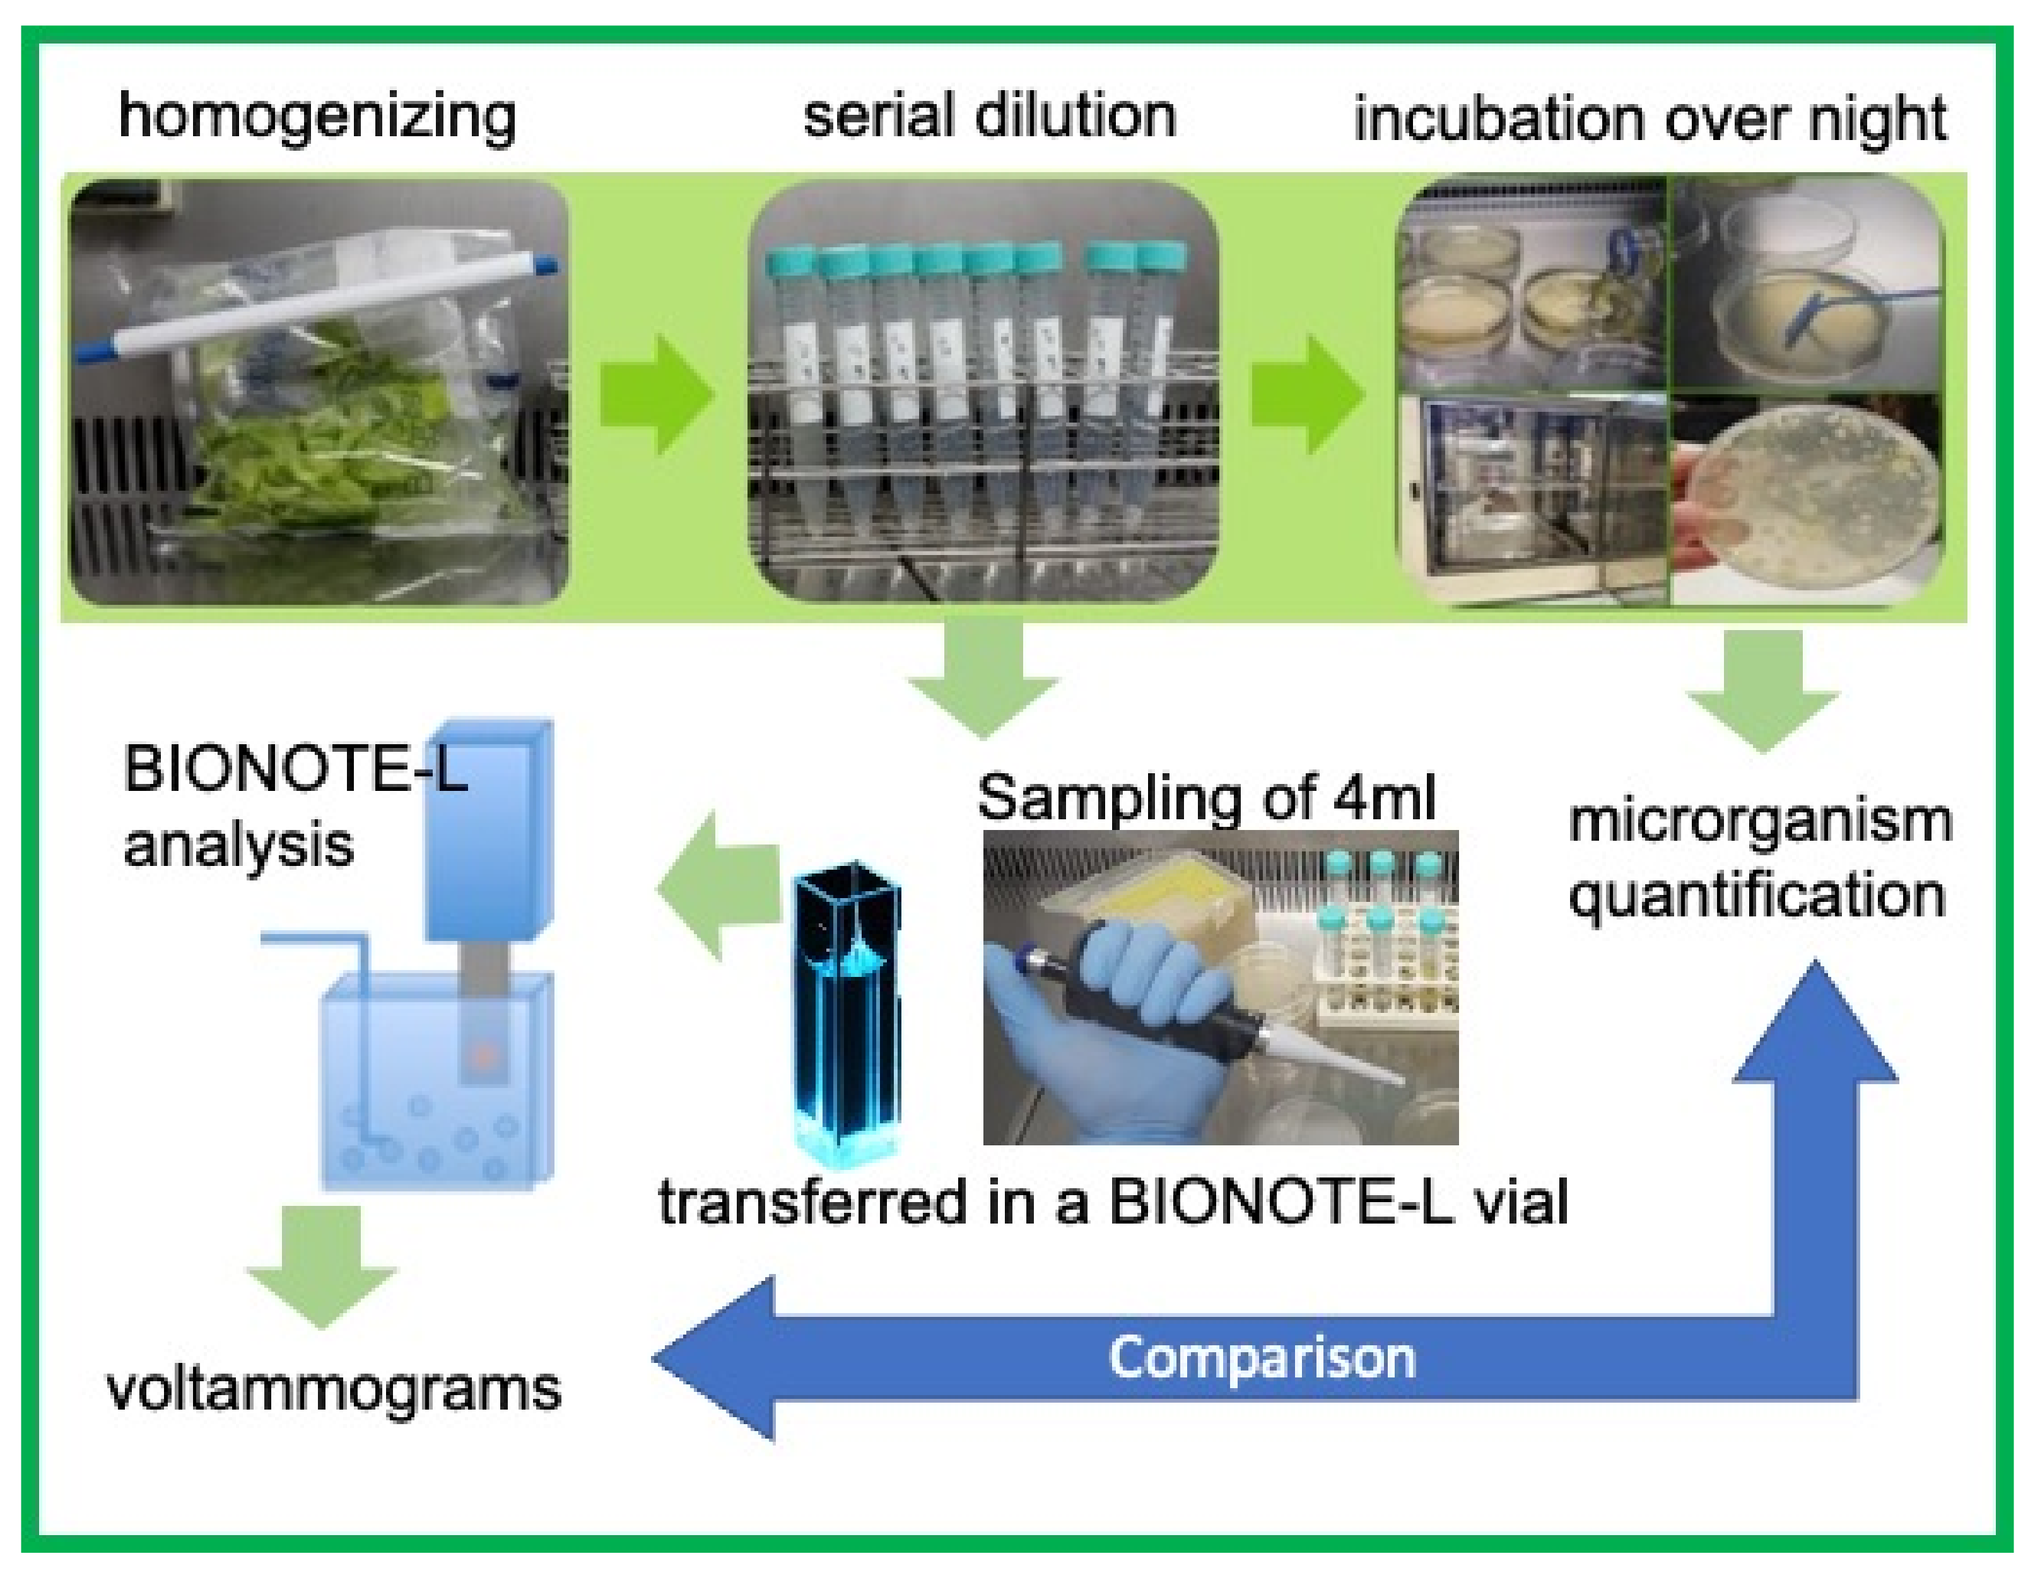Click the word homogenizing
(317, 118)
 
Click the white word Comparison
(1261, 1358)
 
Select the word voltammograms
(334, 1389)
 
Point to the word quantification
(1756, 896)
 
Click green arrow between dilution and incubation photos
(1307, 394)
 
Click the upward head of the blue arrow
(1815, 1027)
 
